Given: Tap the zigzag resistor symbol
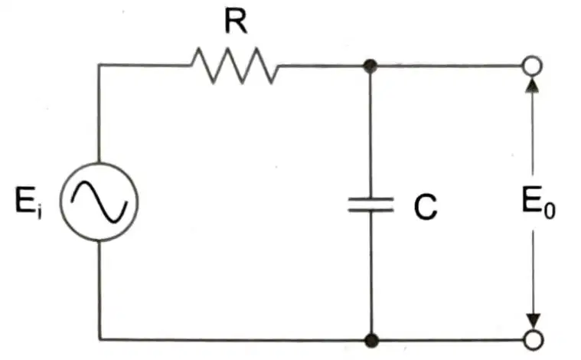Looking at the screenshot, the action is pos(235,66).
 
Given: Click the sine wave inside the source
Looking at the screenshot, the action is pos(100,202).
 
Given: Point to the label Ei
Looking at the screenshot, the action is pos(28,202).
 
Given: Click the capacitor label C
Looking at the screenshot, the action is pos(426,207).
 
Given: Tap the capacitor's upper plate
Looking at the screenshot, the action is pos(370,200).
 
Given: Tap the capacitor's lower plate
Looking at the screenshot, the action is pos(370,210).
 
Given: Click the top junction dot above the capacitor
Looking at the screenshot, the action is pos(370,67).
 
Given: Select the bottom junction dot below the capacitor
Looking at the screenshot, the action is pos(371,340).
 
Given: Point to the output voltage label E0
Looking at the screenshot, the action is pos(538,203).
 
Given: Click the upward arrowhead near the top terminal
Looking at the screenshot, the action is pos(533,83).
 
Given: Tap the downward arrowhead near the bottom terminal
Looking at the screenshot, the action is pos(534,322).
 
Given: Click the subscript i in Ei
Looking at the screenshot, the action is pos(39,212).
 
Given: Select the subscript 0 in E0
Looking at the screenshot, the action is pos(550,211).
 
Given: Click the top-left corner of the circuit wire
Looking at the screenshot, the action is pos(99,65).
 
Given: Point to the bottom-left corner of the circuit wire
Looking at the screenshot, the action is pos(100,339).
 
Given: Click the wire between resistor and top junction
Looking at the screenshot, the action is pos(321,66).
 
